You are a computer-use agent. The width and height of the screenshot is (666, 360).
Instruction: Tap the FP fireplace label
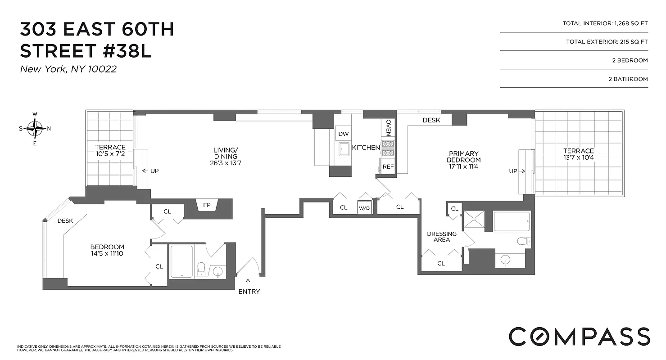(x=207, y=205)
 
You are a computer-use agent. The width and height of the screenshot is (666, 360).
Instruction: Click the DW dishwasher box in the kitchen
(x=344, y=134)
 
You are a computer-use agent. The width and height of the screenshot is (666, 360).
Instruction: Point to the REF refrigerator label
(x=388, y=166)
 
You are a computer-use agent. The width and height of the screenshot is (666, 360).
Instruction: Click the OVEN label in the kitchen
(x=388, y=127)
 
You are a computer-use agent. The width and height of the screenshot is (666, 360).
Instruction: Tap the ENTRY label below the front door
(x=249, y=292)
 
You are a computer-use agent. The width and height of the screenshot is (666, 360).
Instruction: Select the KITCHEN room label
(x=366, y=148)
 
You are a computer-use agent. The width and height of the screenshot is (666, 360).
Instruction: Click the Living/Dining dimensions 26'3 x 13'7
(x=225, y=162)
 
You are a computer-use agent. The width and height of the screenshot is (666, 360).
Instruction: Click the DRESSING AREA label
(x=441, y=237)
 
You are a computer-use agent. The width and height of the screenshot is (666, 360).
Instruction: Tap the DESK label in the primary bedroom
(x=431, y=121)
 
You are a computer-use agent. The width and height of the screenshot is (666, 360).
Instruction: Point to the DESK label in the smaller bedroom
(x=65, y=220)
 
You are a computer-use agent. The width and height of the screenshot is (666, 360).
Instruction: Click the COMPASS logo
(x=579, y=336)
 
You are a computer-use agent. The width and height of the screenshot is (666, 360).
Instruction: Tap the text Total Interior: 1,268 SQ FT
(x=605, y=23)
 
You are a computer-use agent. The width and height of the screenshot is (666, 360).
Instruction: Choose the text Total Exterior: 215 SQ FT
(x=607, y=42)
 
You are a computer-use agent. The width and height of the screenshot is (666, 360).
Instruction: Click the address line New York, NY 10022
(x=68, y=69)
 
